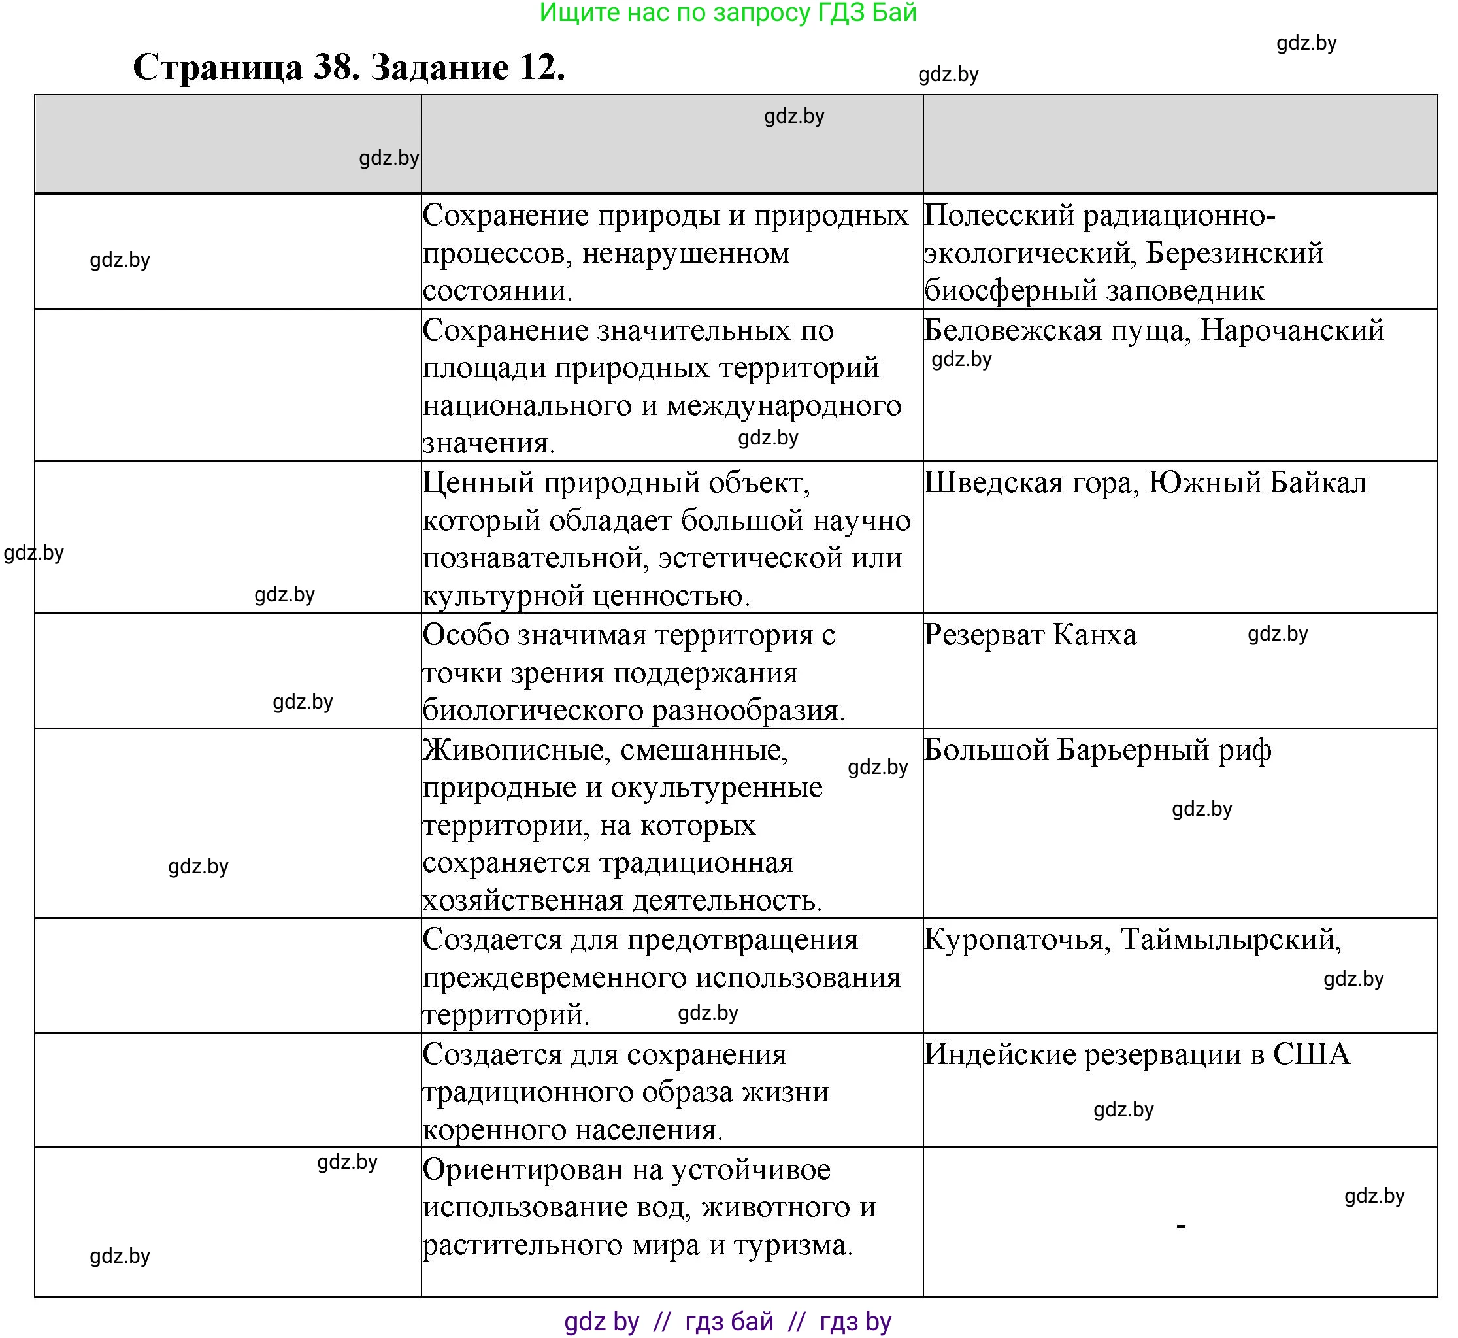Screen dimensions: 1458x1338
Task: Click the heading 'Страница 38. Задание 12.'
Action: [x=348, y=67]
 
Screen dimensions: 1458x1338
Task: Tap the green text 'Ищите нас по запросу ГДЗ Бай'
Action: [x=727, y=12]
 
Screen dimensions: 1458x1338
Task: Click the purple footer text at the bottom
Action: [x=727, y=1322]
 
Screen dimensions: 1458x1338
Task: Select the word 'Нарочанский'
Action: [x=1291, y=331]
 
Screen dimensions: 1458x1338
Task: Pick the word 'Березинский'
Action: [x=1235, y=254]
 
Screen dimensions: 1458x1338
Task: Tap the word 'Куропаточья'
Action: [x=1016, y=940]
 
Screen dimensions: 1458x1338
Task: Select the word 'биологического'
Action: [x=533, y=711]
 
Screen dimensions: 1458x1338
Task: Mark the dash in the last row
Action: [x=1181, y=1226]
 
